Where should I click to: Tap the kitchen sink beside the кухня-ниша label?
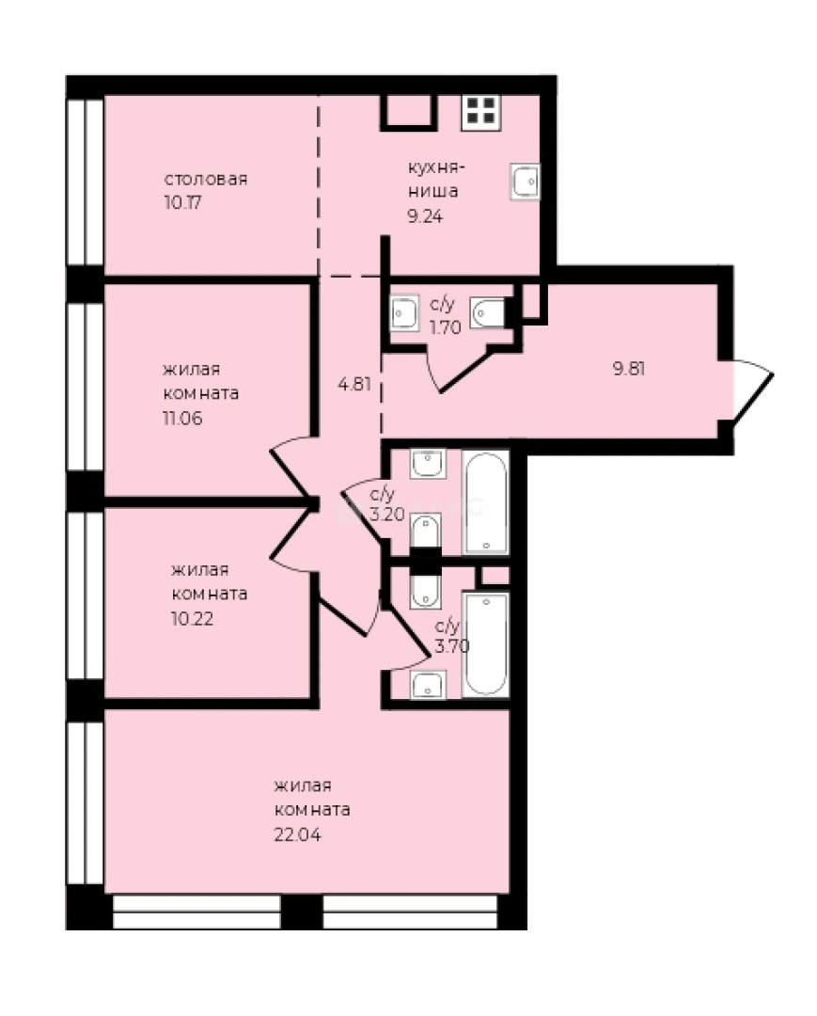tap(525, 181)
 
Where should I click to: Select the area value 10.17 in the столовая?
tap(183, 203)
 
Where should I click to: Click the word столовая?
tap(206, 179)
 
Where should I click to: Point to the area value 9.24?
tap(425, 216)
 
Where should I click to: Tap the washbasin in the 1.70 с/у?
tap(406, 313)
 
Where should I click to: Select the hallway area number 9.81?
tap(629, 369)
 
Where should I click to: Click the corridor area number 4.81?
tap(354, 384)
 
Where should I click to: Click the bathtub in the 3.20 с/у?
tap(486, 502)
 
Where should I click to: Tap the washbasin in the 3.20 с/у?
tap(428, 463)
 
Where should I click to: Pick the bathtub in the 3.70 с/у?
tap(486, 644)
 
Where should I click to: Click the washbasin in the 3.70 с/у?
tap(428, 684)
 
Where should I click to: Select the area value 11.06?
tap(182, 418)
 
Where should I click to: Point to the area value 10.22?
tap(193, 618)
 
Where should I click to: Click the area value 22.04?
tap(298, 834)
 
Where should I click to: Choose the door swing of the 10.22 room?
tap(291, 539)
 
